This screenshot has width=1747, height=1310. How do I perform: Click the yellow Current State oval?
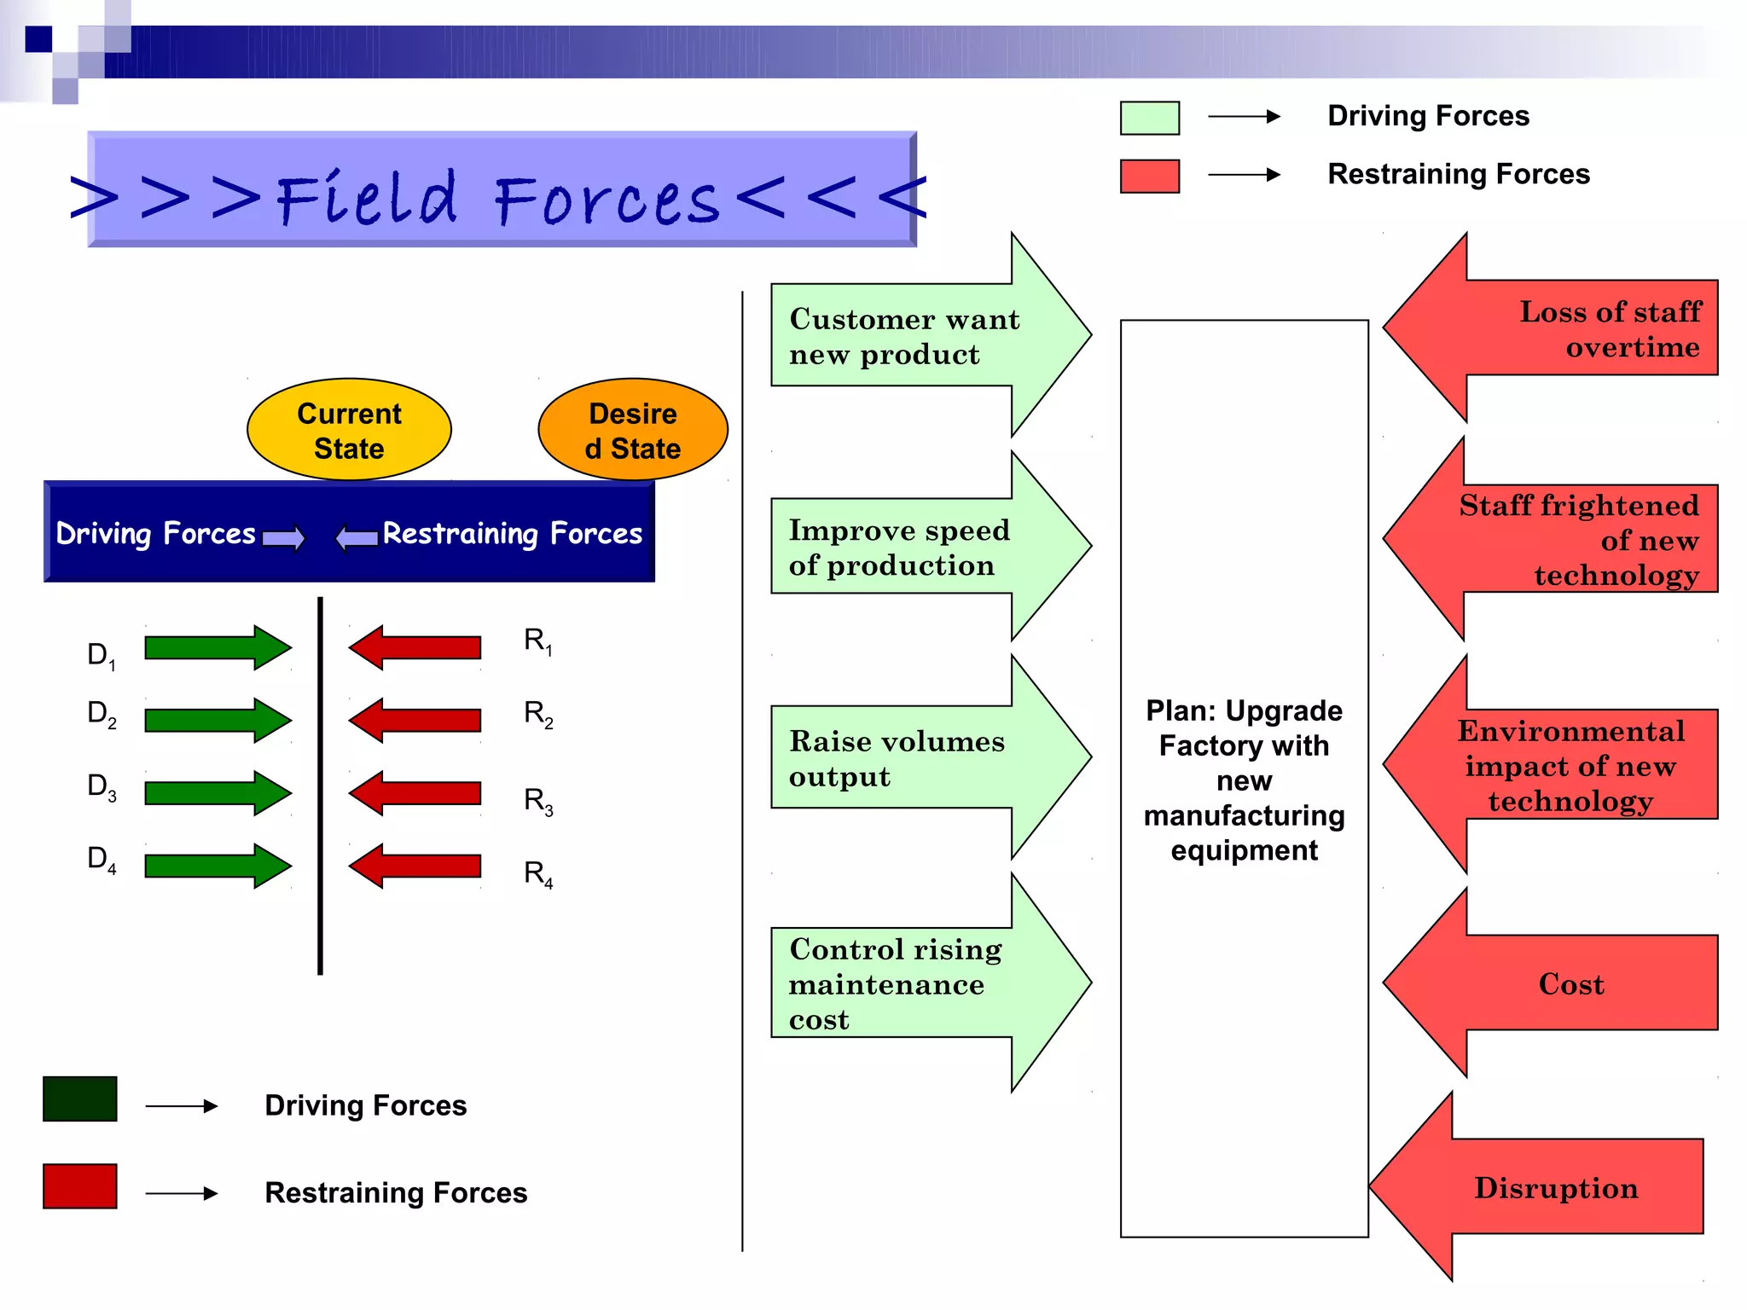pyautogui.click(x=349, y=430)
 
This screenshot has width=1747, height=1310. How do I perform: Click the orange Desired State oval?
pyautogui.click(x=632, y=430)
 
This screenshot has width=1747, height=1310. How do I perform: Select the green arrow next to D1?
pyautogui.click(x=218, y=647)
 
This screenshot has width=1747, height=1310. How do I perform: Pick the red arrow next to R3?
pyautogui.click(x=415, y=793)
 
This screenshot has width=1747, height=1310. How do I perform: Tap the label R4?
pyautogui.click(x=537, y=873)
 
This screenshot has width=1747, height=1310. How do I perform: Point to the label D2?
pyautogui.click(x=102, y=713)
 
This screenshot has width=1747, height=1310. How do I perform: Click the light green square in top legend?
pyautogui.click(x=1149, y=118)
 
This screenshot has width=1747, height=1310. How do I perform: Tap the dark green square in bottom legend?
pyautogui.click(x=80, y=1098)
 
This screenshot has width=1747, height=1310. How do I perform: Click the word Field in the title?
pyautogui.click(x=367, y=200)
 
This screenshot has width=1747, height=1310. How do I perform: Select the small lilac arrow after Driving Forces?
pyautogui.click(x=283, y=538)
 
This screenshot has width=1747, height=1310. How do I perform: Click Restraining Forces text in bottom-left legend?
pyautogui.click(x=396, y=1192)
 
